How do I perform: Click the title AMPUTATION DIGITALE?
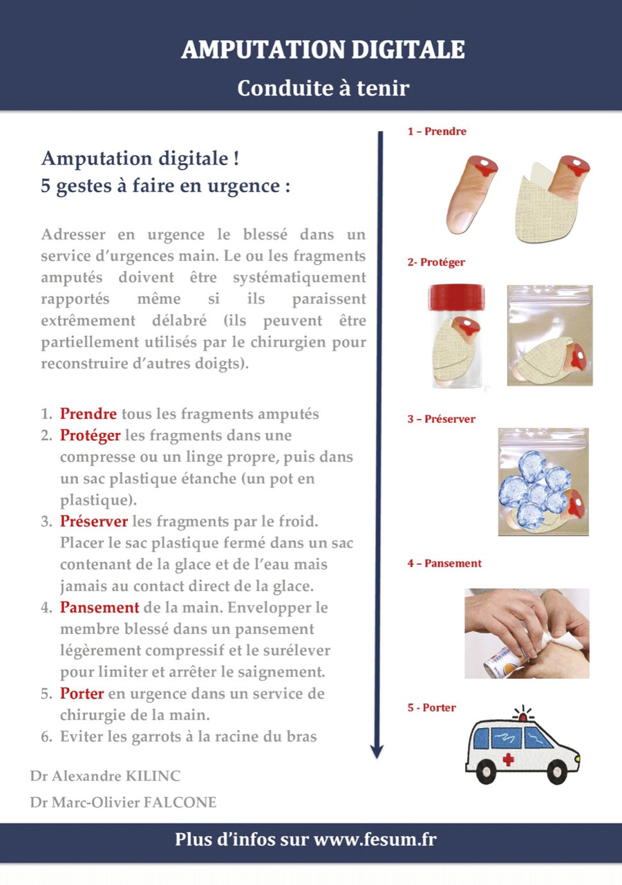tap(323, 50)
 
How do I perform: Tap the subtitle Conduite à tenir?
tap(323, 88)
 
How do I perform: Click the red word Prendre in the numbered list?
tap(88, 413)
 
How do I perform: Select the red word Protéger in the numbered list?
tap(90, 435)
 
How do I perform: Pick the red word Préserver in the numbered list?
tap(94, 521)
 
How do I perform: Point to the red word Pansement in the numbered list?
tap(100, 607)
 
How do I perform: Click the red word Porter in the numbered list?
tap(82, 693)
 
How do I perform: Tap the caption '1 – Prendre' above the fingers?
tap(437, 131)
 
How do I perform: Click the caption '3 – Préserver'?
tap(442, 419)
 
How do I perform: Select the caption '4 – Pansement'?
tap(444, 563)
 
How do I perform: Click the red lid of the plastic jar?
tap(457, 297)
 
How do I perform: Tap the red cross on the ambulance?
tap(508, 759)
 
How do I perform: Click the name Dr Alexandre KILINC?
tap(106, 776)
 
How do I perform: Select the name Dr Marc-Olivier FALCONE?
tap(123, 802)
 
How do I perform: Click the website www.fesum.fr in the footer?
tap(375, 839)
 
